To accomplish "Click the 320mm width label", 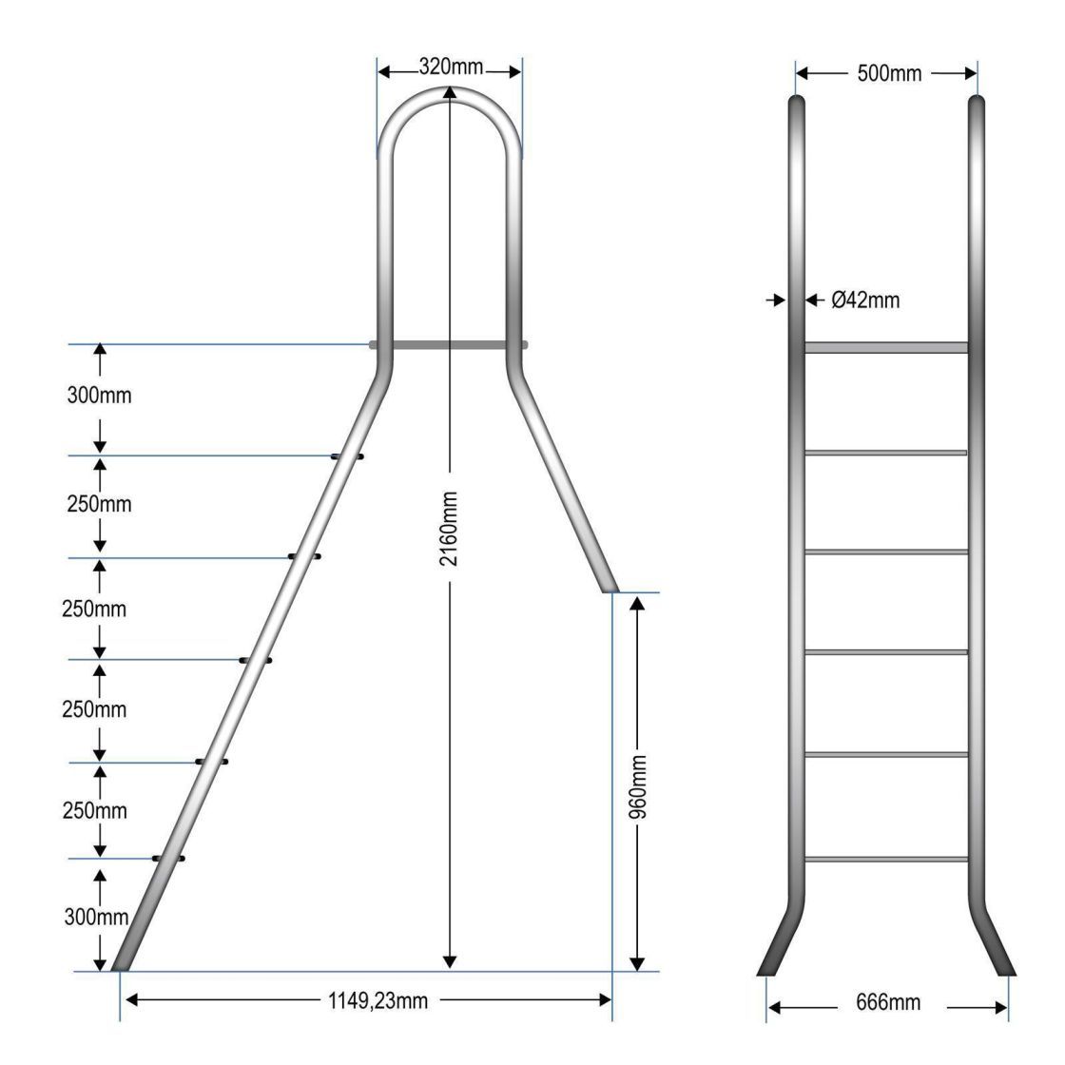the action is (451, 67).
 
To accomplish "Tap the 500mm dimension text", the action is (889, 73).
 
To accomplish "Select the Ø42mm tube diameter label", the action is (865, 300).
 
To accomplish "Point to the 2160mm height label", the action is (448, 529).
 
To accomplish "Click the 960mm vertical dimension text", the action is (638, 785).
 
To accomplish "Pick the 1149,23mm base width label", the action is (378, 1000).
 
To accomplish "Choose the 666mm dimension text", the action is (888, 1002).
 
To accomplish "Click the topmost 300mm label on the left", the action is (99, 395).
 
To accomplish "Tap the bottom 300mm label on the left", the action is (96, 917).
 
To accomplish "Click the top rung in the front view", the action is (886, 348).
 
